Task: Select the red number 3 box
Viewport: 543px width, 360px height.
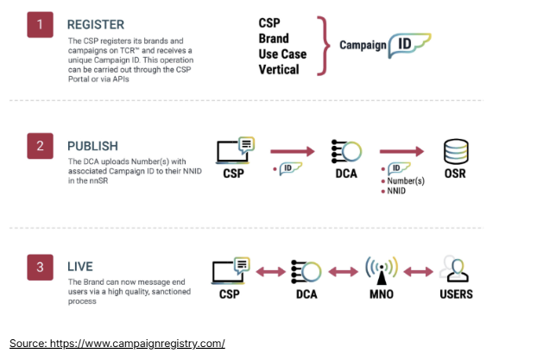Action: click(x=40, y=268)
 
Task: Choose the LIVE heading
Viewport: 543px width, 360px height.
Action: click(x=80, y=268)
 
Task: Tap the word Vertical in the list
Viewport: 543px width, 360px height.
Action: click(x=279, y=68)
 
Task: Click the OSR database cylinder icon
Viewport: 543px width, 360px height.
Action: click(x=455, y=152)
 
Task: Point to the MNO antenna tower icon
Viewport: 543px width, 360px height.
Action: click(x=380, y=269)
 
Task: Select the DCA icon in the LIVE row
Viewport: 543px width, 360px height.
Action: click(x=306, y=271)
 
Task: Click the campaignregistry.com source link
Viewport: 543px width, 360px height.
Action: click(x=117, y=344)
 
